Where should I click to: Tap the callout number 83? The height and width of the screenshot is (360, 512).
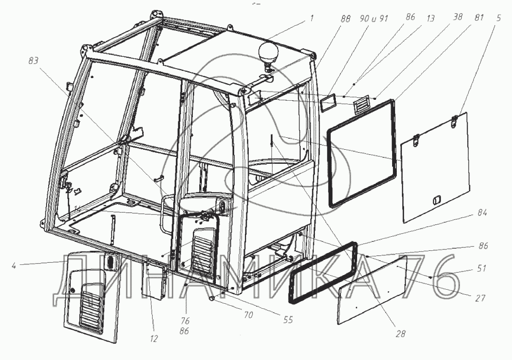[33, 61]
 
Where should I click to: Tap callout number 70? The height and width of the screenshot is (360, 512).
[248, 316]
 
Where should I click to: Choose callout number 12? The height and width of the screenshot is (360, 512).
[154, 339]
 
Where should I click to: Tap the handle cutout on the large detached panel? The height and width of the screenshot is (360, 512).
[436, 199]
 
